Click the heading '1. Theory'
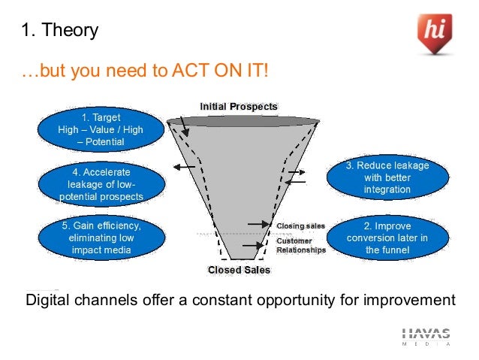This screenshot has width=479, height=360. tap(59, 31)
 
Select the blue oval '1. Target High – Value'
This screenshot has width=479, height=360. tap(100, 129)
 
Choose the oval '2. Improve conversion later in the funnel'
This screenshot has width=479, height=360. tap(387, 237)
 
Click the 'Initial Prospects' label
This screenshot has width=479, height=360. tap(238, 107)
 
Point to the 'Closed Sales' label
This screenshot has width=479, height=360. tap(239, 270)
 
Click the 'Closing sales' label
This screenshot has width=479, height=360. tap(300, 225)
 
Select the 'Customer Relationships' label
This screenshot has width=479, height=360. tap(301, 245)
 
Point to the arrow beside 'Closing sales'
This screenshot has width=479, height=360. tap(260, 224)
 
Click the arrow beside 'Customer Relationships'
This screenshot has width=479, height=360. tap(260, 245)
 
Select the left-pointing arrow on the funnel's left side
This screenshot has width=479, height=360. tap(184, 166)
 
